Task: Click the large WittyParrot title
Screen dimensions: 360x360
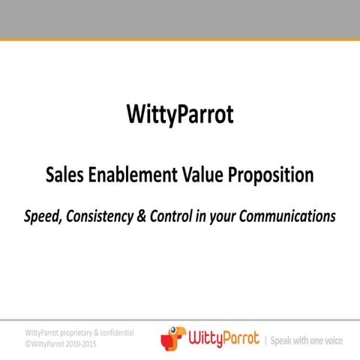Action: point(180,115)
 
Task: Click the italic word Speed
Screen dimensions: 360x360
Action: point(42,217)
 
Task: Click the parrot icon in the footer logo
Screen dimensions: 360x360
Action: point(172,337)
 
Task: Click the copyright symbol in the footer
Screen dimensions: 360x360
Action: point(28,343)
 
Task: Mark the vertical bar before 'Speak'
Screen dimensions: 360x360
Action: point(265,339)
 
